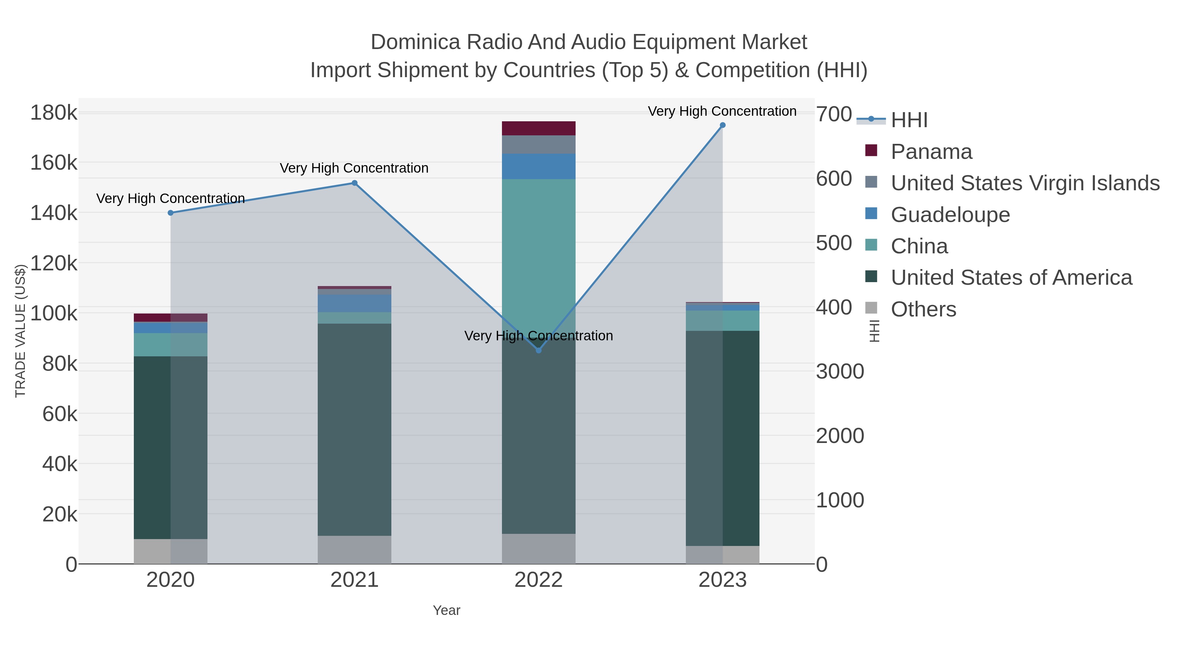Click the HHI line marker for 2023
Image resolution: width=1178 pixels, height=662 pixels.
point(723,125)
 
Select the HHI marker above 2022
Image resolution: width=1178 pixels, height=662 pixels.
point(538,350)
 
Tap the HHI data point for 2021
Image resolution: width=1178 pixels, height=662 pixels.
point(354,183)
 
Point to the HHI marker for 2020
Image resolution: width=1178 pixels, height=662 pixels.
point(170,213)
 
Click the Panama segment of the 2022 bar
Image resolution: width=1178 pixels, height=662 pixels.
point(538,128)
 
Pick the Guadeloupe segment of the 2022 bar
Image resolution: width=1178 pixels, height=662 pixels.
point(538,166)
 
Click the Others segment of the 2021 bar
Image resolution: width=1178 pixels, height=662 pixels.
point(354,550)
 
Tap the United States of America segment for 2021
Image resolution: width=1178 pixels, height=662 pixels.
point(354,430)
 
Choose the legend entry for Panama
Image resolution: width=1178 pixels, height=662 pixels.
point(931,152)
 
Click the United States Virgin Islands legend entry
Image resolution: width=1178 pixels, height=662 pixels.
point(1024,183)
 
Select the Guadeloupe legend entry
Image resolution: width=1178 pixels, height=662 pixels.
point(950,215)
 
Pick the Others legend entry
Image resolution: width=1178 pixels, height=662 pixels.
point(923,309)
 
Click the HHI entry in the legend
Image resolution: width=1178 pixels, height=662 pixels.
point(909,120)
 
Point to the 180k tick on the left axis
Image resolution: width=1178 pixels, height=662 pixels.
point(54,113)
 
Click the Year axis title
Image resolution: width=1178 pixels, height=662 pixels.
point(446,610)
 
